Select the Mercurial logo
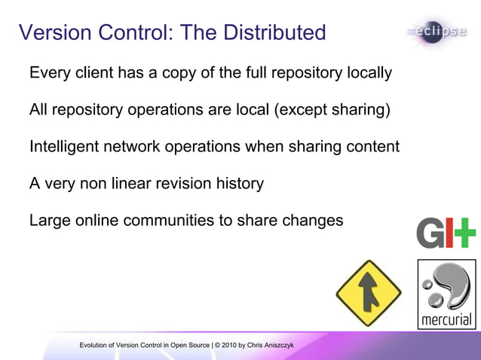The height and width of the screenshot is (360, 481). [x=446, y=294]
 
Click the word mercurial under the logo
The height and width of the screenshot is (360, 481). [x=446, y=320]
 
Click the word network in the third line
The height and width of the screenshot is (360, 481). [x=133, y=147]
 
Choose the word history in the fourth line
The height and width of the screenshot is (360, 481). [x=239, y=184]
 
